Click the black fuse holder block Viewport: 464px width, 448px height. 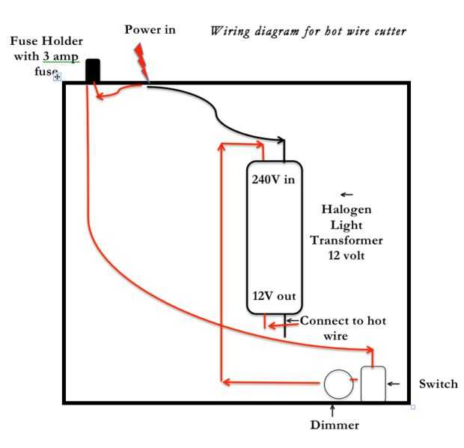(x=93, y=70)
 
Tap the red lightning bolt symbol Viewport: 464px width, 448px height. (x=141, y=63)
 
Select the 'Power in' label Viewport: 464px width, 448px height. (x=150, y=30)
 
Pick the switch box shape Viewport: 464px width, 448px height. (x=373, y=384)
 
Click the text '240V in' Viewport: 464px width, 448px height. (x=273, y=179)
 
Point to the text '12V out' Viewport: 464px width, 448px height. (x=274, y=296)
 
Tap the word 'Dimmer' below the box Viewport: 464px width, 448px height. (x=335, y=425)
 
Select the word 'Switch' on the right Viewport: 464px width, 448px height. (x=439, y=384)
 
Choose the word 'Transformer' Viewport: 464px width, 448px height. (x=347, y=240)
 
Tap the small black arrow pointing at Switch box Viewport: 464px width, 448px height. (x=394, y=384)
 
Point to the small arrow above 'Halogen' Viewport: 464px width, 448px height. (x=347, y=194)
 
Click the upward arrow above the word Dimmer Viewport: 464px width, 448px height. (x=333, y=411)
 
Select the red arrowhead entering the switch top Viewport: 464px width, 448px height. (x=370, y=350)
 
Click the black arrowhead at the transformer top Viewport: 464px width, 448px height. (x=281, y=140)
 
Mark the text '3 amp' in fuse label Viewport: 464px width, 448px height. (x=61, y=57)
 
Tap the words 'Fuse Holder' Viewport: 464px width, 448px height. (x=46, y=41)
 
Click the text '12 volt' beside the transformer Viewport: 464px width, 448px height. (x=347, y=255)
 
